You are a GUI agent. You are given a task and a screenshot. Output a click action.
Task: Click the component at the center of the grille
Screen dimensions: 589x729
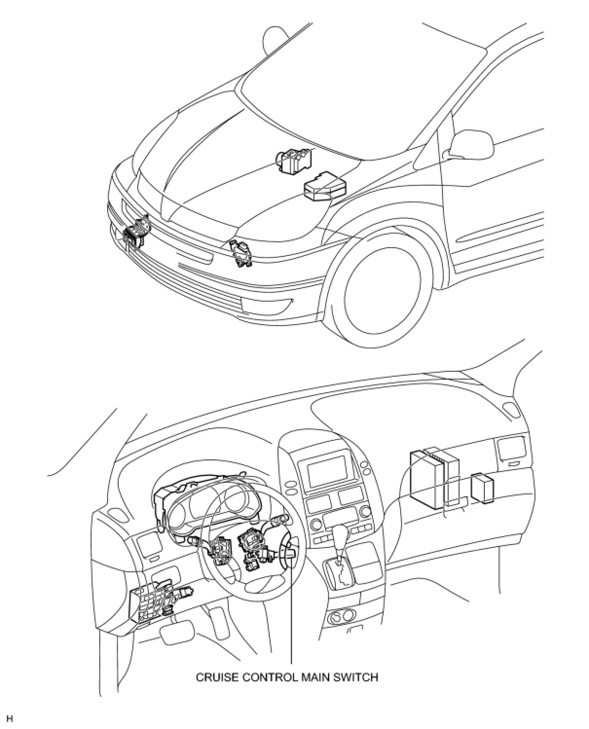(x=241, y=253)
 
